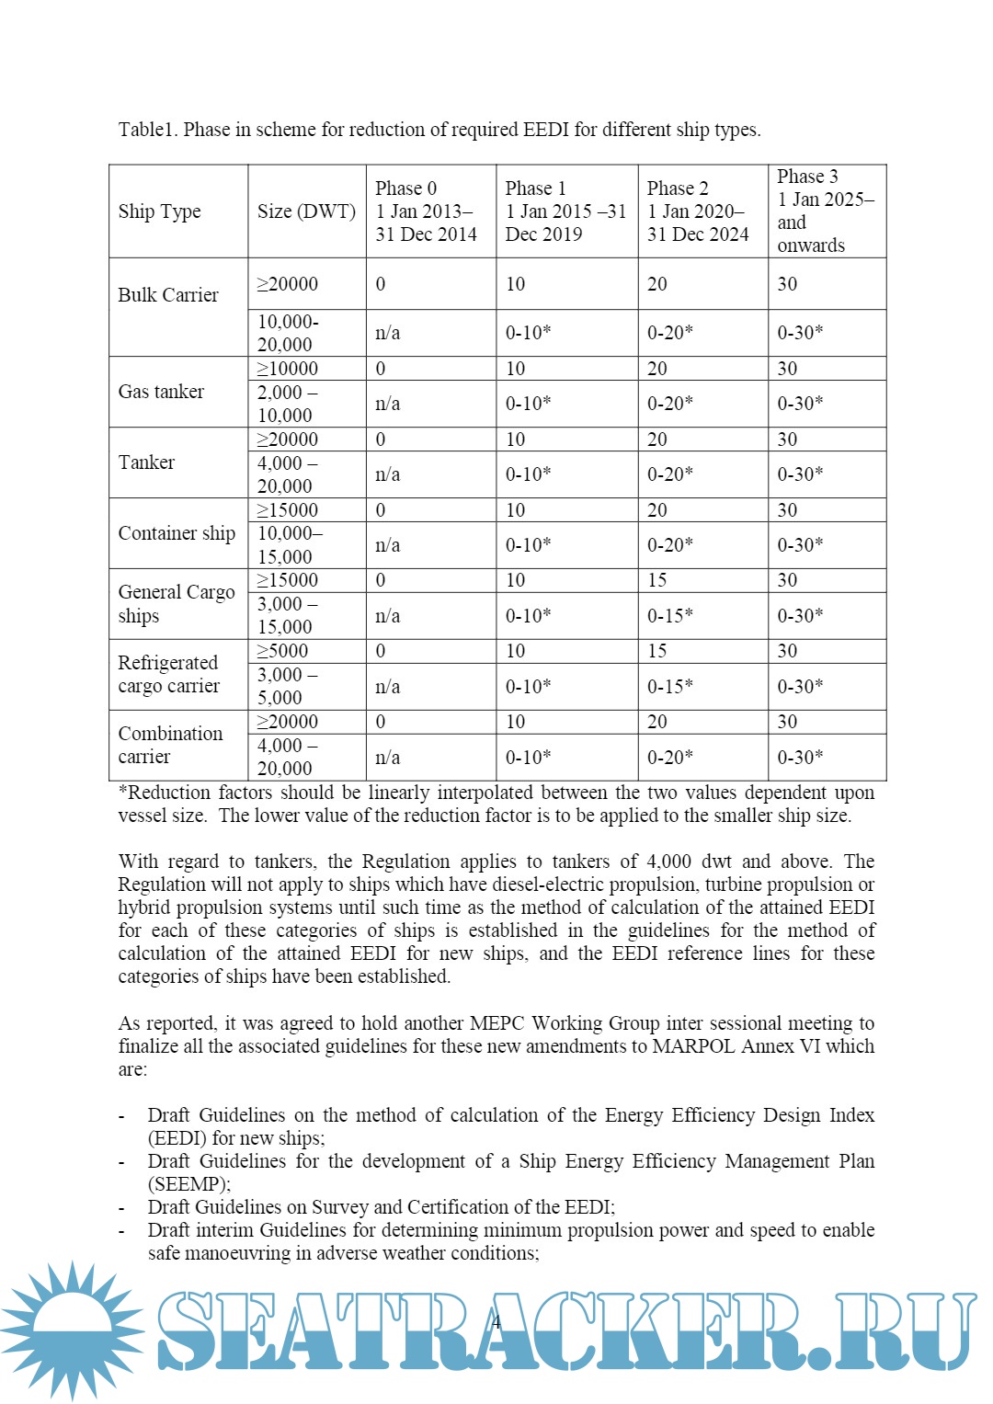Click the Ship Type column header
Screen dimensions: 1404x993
[x=159, y=211]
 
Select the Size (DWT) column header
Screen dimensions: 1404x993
[x=306, y=211]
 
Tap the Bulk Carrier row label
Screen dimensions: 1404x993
[x=168, y=295]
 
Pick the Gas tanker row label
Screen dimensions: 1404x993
[x=161, y=392]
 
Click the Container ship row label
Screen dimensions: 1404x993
[x=177, y=533]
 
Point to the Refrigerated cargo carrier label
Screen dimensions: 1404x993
[x=168, y=674]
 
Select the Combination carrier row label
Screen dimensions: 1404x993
[x=170, y=745]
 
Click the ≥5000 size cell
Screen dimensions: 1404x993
[x=282, y=651]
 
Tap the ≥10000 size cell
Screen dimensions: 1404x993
[x=287, y=369]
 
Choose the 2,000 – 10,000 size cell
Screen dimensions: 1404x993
[x=287, y=404]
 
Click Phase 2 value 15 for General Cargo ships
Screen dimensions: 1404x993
[x=657, y=580]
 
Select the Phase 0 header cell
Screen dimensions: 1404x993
[x=426, y=211]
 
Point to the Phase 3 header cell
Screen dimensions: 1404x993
[x=825, y=211]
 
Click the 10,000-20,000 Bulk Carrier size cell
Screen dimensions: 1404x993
[x=287, y=333]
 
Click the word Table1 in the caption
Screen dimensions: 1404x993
[x=147, y=130]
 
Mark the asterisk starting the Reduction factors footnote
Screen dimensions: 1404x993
[x=123, y=792]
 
